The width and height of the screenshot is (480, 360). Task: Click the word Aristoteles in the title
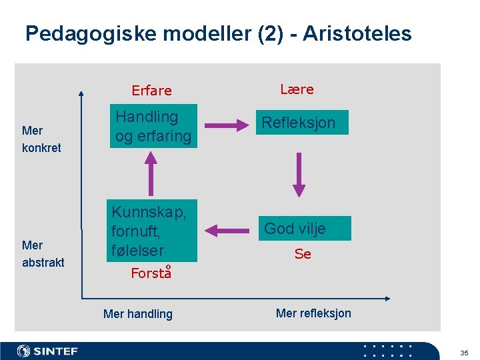(357, 33)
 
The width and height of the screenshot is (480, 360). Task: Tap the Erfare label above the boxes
(151, 91)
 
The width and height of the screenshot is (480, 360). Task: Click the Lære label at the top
(297, 89)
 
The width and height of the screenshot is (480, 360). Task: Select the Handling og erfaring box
(154, 126)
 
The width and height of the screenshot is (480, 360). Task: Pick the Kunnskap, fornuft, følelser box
(154, 231)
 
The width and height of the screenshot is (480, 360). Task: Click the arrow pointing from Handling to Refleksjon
(225, 124)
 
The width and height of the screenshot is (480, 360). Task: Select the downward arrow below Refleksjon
(299, 173)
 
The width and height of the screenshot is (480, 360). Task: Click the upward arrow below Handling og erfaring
(152, 173)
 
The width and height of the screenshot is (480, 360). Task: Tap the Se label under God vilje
(303, 254)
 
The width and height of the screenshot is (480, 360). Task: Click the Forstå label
(151, 273)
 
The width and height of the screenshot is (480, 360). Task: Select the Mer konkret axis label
(41, 139)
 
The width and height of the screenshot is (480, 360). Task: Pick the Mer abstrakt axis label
(43, 254)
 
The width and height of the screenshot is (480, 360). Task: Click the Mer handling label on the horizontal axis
(138, 314)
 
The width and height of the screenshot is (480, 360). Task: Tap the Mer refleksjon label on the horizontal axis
(313, 313)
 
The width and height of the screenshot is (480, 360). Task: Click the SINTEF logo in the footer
(47, 351)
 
